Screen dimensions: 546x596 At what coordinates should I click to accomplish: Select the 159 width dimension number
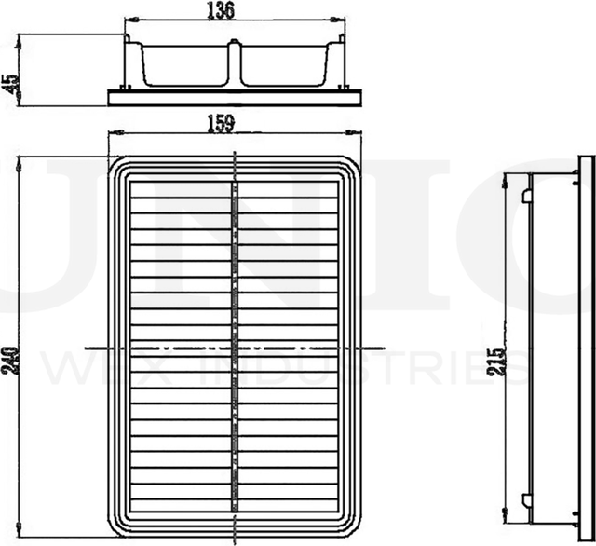221,123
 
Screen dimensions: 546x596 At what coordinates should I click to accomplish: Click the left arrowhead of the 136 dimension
129,20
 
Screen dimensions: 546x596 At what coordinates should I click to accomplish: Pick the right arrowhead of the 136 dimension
340,20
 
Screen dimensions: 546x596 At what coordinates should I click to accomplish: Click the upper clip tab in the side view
527,196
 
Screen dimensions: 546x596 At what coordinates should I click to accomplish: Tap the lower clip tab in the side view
527,500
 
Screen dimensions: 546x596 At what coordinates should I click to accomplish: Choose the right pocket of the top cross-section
284,65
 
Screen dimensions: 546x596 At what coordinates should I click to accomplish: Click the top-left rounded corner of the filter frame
116,166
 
